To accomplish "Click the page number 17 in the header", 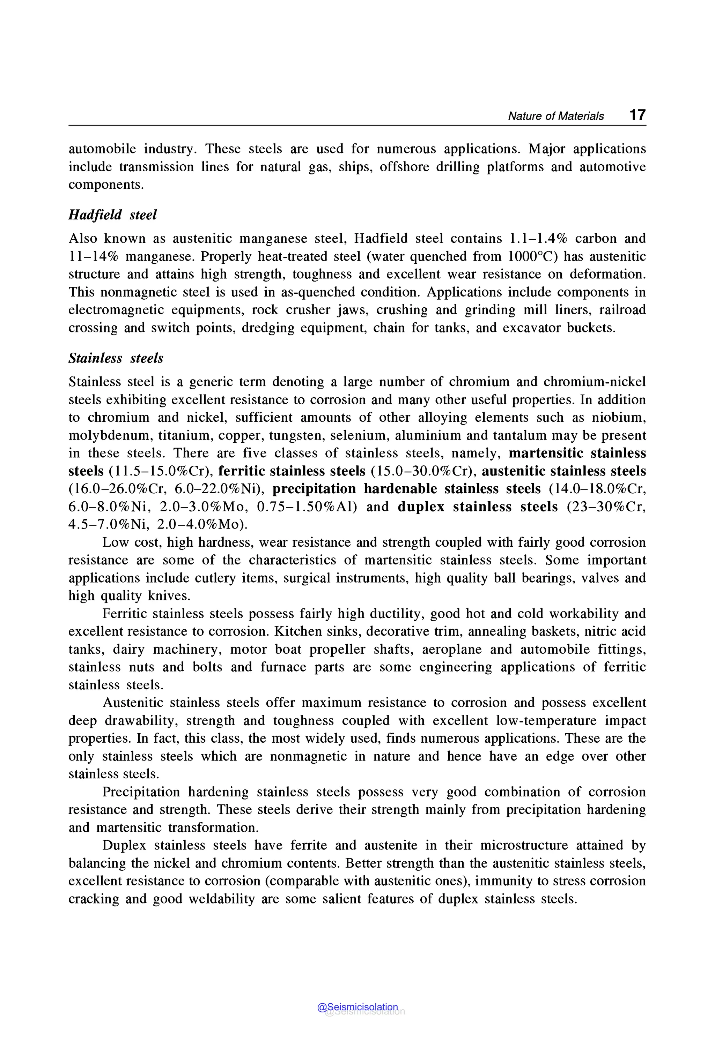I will (x=637, y=114).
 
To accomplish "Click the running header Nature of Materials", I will (x=555, y=116).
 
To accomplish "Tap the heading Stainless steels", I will (x=116, y=358).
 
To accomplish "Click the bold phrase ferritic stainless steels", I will (x=292, y=471).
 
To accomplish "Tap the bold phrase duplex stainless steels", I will (x=478, y=507).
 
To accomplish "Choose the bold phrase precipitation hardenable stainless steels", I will (x=406, y=489).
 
